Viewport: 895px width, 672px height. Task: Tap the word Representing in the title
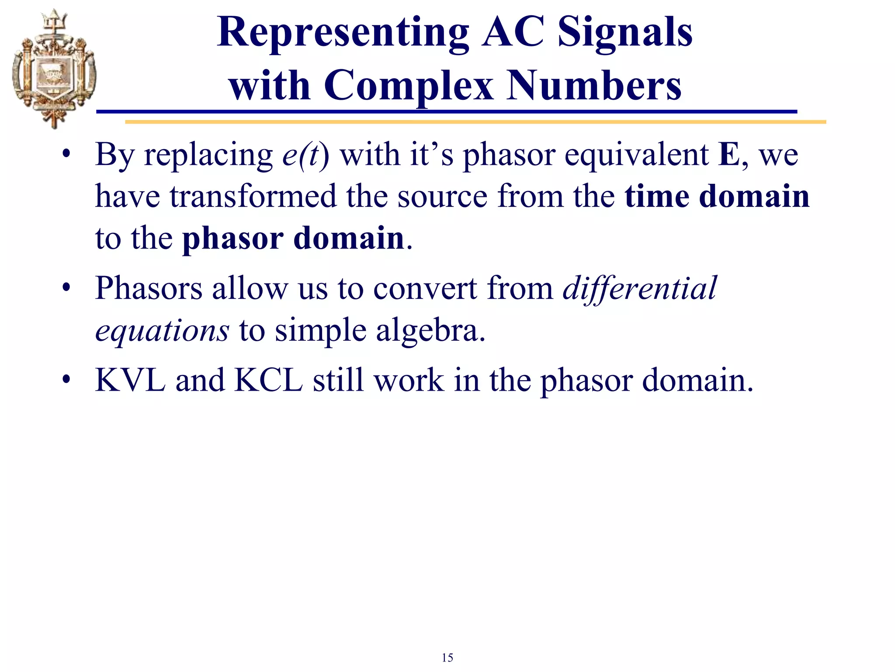click(x=343, y=32)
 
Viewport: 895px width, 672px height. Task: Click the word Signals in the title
click(x=625, y=32)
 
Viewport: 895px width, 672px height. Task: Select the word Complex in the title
click(x=408, y=85)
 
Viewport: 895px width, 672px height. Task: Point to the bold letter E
click(x=728, y=155)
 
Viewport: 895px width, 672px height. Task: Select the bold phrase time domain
click(x=717, y=196)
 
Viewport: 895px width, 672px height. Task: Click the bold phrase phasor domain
click(x=293, y=238)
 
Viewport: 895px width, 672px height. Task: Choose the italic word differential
click(x=640, y=289)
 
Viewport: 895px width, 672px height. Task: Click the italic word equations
click(x=162, y=330)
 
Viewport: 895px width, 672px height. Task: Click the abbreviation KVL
click(x=130, y=380)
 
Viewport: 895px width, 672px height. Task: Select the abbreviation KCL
click(x=268, y=380)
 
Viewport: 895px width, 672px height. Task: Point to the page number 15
click(x=447, y=658)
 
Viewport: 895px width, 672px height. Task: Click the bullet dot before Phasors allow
click(x=66, y=288)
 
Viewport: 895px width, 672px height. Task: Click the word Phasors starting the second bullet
click(x=149, y=289)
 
